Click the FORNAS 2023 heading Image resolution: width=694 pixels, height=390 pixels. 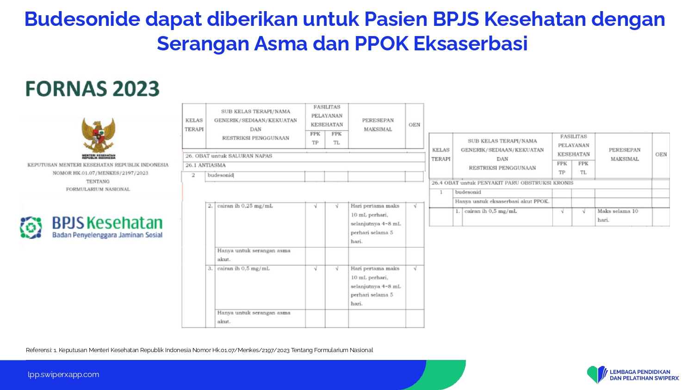[x=93, y=89]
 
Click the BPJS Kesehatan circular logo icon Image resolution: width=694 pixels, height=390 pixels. [x=31, y=228]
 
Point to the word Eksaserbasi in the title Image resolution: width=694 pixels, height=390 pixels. [x=471, y=43]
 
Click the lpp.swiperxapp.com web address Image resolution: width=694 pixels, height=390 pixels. [x=63, y=375]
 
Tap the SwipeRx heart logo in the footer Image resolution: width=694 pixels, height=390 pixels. [x=597, y=375]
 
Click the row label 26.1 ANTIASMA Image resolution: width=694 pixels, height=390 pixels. [x=205, y=165]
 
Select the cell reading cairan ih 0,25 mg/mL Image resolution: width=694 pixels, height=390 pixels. [x=245, y=206]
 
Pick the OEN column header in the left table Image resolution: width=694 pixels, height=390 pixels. [x=414, y=125]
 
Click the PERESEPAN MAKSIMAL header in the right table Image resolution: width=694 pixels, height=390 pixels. [x=625, y=154]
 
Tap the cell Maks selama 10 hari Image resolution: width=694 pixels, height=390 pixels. [x=618, y=215]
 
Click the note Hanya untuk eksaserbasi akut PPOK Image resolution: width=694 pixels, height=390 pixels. [x=502, y=201]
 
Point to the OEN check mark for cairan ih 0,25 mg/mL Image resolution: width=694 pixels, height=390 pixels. [x=415, y=206]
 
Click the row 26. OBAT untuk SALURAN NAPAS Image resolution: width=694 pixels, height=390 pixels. [x=229, y=156]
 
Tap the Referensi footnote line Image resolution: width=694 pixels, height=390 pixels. [x=199, y=350]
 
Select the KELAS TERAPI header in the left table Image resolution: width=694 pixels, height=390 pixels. [x=194, y=125]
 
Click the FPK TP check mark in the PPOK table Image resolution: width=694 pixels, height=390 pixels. [x=562, y=211]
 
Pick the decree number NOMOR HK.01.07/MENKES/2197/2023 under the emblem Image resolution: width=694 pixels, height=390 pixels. [x=100, y=173]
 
